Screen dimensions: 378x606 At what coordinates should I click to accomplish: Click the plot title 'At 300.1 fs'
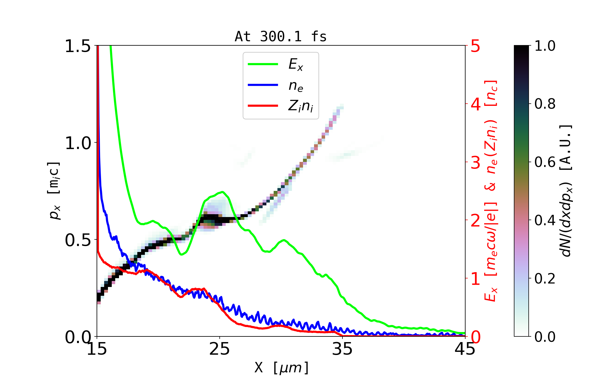point(281,37)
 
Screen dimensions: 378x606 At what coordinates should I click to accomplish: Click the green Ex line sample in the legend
point(263,64)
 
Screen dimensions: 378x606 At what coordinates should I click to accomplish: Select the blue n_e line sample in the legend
point(263,85)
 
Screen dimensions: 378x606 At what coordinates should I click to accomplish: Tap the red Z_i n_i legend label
point(300,106)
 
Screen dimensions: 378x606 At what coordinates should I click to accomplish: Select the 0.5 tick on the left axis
point(77,240)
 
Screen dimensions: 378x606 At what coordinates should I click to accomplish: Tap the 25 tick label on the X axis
point(220,349)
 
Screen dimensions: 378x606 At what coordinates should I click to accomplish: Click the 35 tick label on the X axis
point(342,349)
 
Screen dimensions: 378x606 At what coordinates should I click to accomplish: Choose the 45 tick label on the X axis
point(465,349)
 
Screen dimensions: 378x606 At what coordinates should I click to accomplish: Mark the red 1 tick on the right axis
point(475,279)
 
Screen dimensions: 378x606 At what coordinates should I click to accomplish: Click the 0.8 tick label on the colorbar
point(545,104)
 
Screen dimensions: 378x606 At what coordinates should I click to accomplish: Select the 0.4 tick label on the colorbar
point(545,220)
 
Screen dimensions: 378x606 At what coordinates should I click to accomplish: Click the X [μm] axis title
point(282,367)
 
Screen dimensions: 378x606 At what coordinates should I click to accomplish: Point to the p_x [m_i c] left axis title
point(54,191)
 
